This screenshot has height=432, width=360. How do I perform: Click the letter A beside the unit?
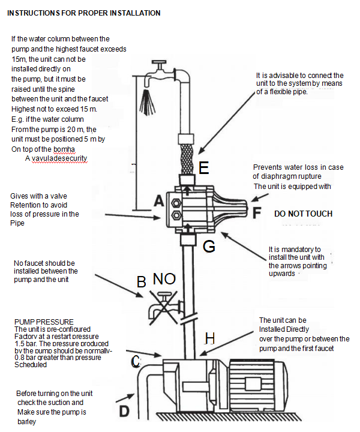[x=158, y=202]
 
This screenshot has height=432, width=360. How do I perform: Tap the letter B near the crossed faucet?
[x=142, y=281]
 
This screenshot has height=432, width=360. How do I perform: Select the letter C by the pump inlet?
[x=136, y=361]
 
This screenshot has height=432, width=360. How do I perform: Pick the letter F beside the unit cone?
[x=256, y=212]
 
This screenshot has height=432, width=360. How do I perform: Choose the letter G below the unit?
[x=208, y=245]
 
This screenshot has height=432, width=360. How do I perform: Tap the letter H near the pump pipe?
[x=209, y=339]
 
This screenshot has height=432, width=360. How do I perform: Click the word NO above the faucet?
[x=164, y=279]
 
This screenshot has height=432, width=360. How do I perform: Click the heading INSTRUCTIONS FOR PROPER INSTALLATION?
[x=83, y=13]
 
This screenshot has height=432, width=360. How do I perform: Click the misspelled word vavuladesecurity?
[x=56, y=158]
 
